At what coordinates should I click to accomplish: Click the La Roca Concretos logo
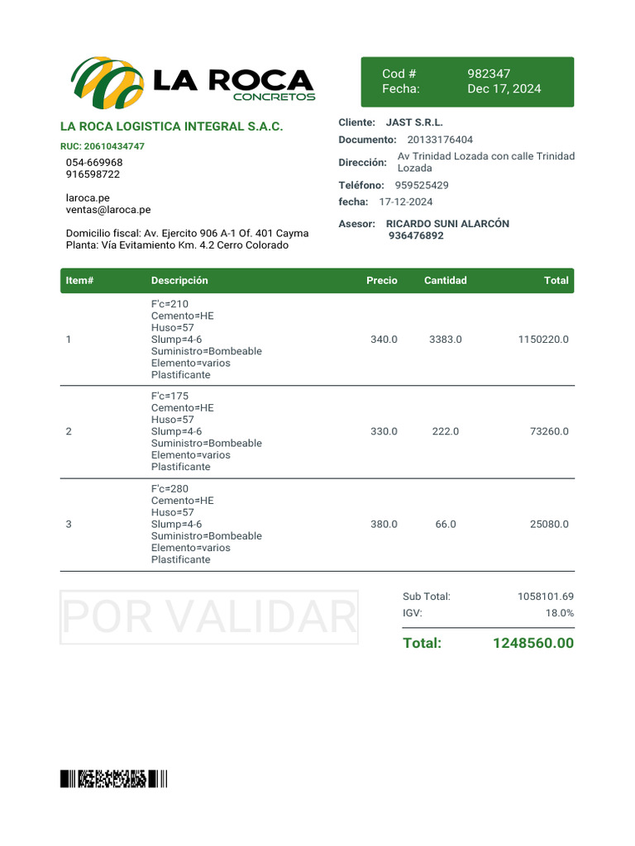(193, 83)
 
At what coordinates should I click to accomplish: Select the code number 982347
(489, 74)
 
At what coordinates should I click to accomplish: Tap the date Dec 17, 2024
(504, 88)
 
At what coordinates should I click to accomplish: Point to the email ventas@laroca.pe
(108, 210)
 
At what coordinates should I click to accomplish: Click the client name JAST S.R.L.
(414, 122)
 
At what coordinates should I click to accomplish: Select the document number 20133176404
(440, 140)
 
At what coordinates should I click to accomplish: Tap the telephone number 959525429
(422, 185)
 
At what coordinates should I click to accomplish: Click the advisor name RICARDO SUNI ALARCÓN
(447, 224)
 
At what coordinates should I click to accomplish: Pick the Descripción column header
(179, 280)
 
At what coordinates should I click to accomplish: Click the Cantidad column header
(445, 280)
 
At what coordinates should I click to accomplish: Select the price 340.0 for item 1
(384, 340)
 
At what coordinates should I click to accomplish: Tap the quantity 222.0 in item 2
(445, 431)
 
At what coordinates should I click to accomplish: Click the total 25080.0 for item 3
(549, 524)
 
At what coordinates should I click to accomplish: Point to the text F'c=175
(170, 396)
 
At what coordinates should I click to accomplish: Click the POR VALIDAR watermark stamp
(209, 617)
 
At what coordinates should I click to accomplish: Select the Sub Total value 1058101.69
(545, 596)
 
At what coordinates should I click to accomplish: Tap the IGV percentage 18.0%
(559, 613)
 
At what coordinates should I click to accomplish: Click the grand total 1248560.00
(532, 643)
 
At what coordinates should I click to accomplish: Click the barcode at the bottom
(113, 778)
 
